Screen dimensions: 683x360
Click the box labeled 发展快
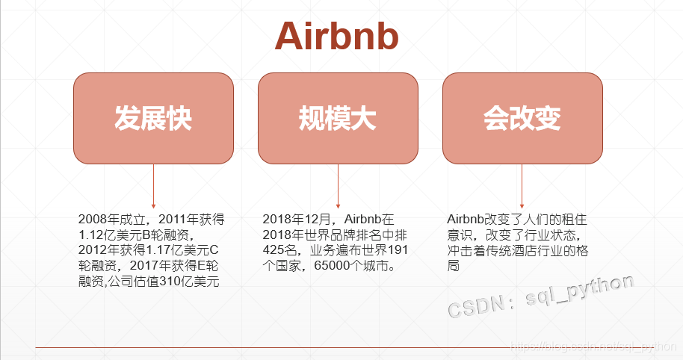[153, 118]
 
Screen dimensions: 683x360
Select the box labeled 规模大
[338, 118]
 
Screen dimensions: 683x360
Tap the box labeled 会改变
[522, 118]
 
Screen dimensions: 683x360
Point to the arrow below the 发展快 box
[153, 186]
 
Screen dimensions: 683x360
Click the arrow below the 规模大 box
[338, 186]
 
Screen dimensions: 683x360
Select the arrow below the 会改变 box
[522, 186]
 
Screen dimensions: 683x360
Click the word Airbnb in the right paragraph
[466, 220]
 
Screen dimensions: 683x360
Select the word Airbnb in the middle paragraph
[363, 220]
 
